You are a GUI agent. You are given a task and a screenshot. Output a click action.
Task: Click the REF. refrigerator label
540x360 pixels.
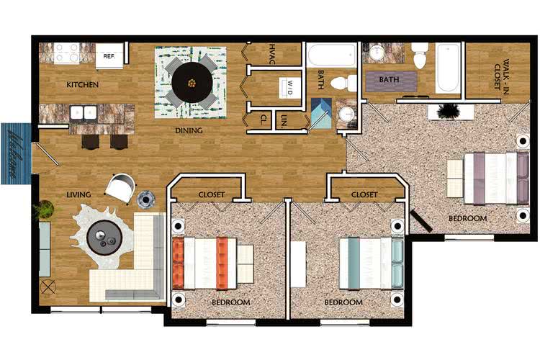tap(109, 55)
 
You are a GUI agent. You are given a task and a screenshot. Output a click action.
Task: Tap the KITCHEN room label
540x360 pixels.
tap(83, 85)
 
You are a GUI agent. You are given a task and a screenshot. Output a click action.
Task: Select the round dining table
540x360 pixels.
tap(192, 82)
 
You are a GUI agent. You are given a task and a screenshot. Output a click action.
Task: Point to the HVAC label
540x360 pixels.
tap(272, 54)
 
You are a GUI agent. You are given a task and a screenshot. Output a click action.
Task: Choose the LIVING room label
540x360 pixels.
tap(77, 194)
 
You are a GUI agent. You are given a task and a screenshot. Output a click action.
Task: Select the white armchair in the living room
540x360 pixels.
tap(120, 189)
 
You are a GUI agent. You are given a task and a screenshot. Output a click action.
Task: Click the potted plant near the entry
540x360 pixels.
tap(43, 210)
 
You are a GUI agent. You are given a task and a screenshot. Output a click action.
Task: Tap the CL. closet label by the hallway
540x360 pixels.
tap(264, 118)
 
